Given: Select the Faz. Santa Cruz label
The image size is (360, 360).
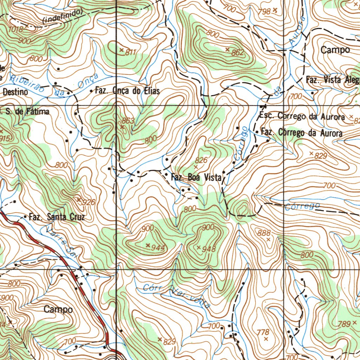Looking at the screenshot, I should [57, 217].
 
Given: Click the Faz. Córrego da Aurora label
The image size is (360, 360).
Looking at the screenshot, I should [302, 133].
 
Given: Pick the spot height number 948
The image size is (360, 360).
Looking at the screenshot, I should [209, 249].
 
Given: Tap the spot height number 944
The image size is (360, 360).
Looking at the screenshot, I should [158, 247].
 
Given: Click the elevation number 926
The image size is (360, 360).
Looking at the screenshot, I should [88, 202].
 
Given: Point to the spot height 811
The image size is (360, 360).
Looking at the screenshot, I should [130, 52].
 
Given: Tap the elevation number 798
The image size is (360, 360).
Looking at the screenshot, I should [264, 11].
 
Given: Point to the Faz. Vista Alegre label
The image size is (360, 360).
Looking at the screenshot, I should [333, 80].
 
